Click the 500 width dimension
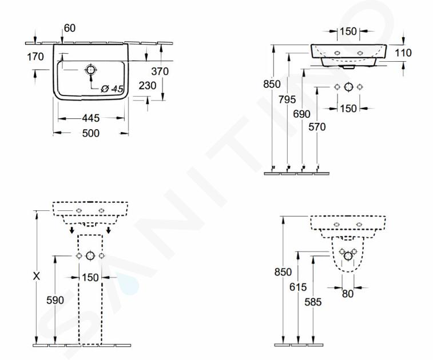90,133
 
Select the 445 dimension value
90,118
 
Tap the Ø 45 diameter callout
112,89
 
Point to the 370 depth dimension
160,71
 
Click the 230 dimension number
148,86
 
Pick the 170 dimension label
35,57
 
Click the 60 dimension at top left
70,28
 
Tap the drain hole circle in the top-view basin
90,70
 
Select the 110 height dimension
403,53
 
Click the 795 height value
287,99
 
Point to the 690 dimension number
301,114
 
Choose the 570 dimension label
317,127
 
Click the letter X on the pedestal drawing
37,276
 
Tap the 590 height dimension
55,300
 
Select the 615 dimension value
298,287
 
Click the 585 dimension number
313,302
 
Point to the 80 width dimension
348,294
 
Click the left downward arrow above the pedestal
72,229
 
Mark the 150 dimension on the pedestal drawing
90,277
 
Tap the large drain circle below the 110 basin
348,87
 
